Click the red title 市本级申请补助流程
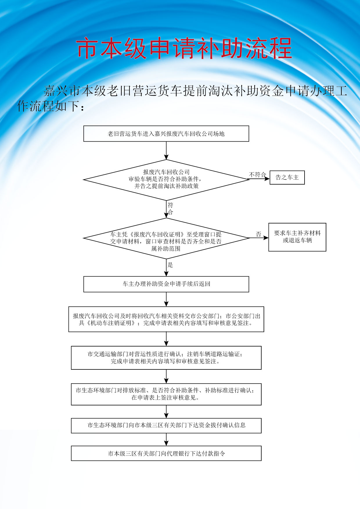pos(184,48)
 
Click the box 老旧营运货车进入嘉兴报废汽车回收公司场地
pos(166,134)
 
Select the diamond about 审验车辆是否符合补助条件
pos(166,179)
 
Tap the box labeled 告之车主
pos(287,177)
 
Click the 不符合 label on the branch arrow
pos(257,174)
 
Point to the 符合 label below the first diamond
pos(170,209)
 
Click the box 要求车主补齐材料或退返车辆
pos(297,237)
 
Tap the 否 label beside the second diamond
pos(258,234)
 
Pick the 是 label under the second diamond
pos(170,265)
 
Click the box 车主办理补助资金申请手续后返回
pos(166,284)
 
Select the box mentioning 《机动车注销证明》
pos(166,319)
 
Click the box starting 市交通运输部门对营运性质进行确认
pos(166,358)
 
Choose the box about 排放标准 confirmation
pos(166,394)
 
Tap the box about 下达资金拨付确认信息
pos(166,425)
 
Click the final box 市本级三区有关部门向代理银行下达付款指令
pos(166,453)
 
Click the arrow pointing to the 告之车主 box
pos(259,179)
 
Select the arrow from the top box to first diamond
pos(166,151)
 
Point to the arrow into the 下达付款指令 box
pos(166,439)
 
